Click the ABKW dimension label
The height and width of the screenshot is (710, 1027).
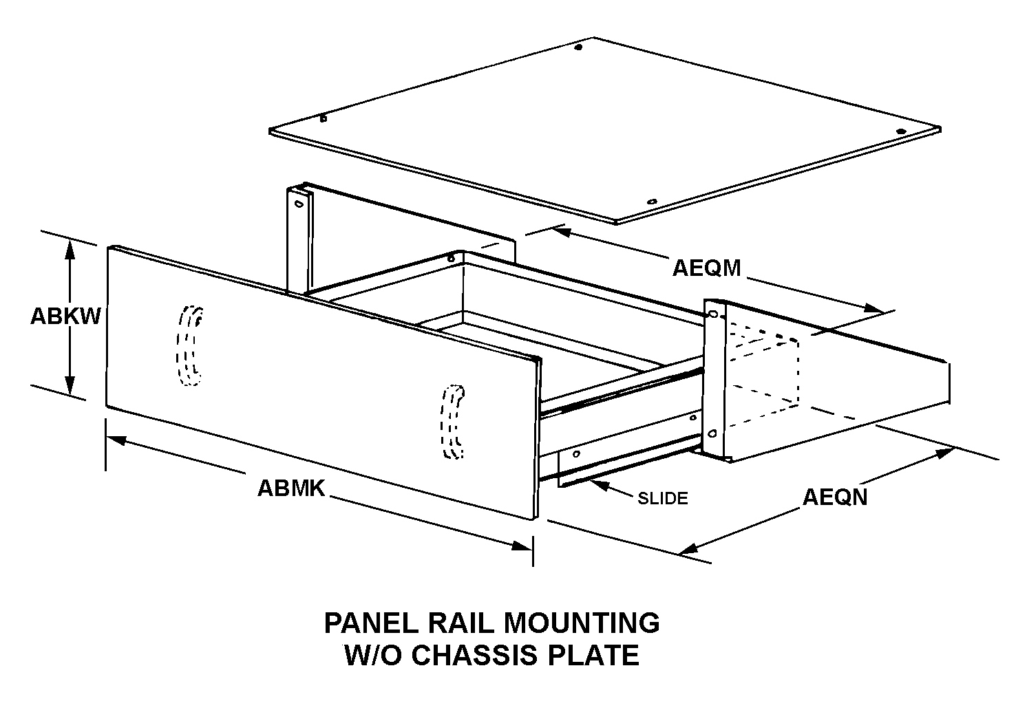click(x=65, y=316)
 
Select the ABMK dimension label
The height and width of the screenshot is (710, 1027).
click(x=291, y=488)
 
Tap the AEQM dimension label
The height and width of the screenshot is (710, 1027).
click(x=706, y=268)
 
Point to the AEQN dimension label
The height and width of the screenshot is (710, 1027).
click(x=835, y=497)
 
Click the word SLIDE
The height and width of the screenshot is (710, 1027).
click(x=662, y=498)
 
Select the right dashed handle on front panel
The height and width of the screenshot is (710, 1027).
click(x=452, y=422)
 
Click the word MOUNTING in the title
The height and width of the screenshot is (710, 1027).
click(x=582, y=623)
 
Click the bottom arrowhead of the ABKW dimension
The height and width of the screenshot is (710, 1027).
click(x=70, y=385)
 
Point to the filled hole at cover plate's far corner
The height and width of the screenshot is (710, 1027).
click(x=578, y=47)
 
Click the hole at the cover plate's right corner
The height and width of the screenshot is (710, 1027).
click(x=901, y=131)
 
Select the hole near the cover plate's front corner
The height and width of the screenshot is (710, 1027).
click(x=652, y=202)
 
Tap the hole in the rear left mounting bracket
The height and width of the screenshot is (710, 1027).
click(x=299, y=204)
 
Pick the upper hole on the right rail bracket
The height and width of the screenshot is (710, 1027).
click(x=712, y=314)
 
